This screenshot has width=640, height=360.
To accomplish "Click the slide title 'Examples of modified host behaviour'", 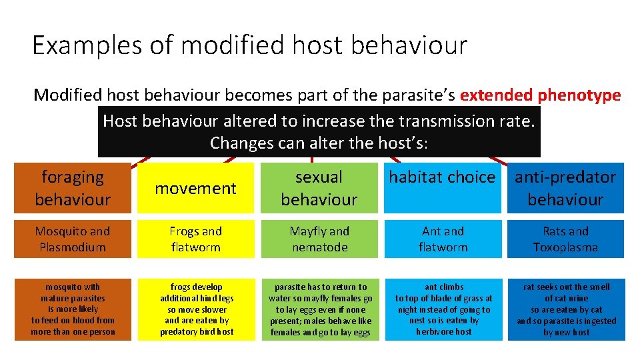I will pyautogui.click(x=249, y=45).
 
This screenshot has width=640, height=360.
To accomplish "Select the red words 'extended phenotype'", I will pyautogui.click(x=540, y=95).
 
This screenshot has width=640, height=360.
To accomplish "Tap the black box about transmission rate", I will pyautogui.click(x=319, y=131).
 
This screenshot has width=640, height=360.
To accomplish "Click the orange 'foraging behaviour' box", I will pyautogui.click(x=73, y=188).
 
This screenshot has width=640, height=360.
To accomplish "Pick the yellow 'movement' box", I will pyautogui.click(x=195, y=189).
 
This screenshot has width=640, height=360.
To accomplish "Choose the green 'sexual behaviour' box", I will pyautogui.click(x=319, y=188).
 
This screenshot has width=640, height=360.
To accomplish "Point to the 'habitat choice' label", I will pyautogui.click(x=443, y=177).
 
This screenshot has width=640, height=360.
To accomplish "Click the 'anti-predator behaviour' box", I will pyautogui.click(x=565, y=188).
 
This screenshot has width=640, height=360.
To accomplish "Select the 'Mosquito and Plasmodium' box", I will pyautogui.click(x=73, y=239).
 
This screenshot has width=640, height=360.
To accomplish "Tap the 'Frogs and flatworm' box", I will pyautogui.click(x=195, y=239).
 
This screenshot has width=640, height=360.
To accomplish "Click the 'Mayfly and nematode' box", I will pyautogui.click(x=319, y=239).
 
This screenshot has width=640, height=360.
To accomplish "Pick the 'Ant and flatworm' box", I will pyautogui.click(x=443, y=239).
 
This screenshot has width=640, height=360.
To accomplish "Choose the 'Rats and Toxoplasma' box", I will pyautogui.click(x=565, y=239).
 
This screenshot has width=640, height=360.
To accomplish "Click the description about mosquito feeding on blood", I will pyautogui.click(x=73, y=309).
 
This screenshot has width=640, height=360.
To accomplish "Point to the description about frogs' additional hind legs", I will pyautogui.click(x=195, y=309).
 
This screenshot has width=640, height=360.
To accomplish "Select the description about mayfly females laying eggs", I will pyautogui.click(x=319, y=309).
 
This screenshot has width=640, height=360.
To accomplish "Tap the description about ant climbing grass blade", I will pyautogui.click(x=443, y=309).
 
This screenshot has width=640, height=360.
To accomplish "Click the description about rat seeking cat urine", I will pyautogui.click(x=565, y=309).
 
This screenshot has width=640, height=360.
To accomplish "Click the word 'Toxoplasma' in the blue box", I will pyautogui.click(x=565, y=247).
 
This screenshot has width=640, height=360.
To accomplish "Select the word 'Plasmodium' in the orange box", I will pyautogui.click(x=73, y=247).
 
